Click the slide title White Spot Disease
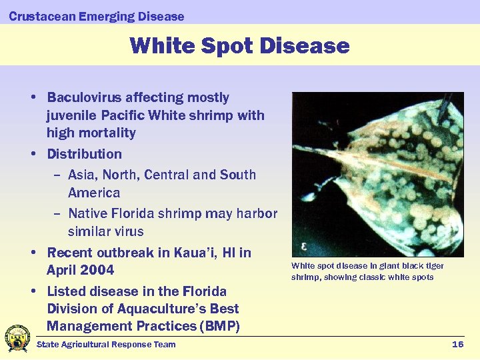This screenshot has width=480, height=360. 239,45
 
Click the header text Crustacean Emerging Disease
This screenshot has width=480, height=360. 97,16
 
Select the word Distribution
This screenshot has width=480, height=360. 84,154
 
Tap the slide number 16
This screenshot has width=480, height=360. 457,344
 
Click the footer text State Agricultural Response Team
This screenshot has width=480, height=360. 106,344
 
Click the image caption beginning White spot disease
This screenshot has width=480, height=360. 367,271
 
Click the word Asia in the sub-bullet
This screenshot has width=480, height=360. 81,175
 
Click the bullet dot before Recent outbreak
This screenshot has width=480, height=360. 33,253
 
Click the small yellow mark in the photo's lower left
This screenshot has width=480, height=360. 304,246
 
